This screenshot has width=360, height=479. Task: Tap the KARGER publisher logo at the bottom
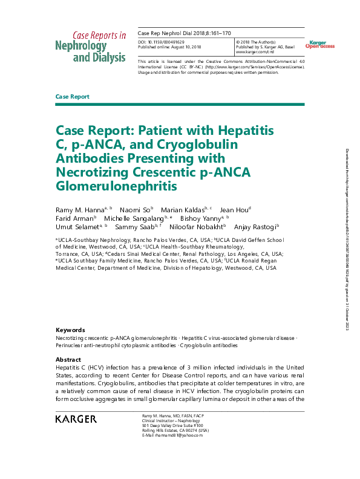pos(76,419)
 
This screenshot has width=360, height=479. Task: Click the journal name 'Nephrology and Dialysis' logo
pos(91,51)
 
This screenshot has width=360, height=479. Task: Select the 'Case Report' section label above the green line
pos(72,97)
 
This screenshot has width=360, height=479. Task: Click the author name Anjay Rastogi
pos(257,227)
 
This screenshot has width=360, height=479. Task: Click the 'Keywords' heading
pos(70,330)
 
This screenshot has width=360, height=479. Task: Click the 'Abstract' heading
pos(68,359)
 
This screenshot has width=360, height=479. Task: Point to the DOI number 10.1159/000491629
pos(169,42)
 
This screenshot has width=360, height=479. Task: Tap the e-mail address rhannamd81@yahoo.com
pos(165,435)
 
